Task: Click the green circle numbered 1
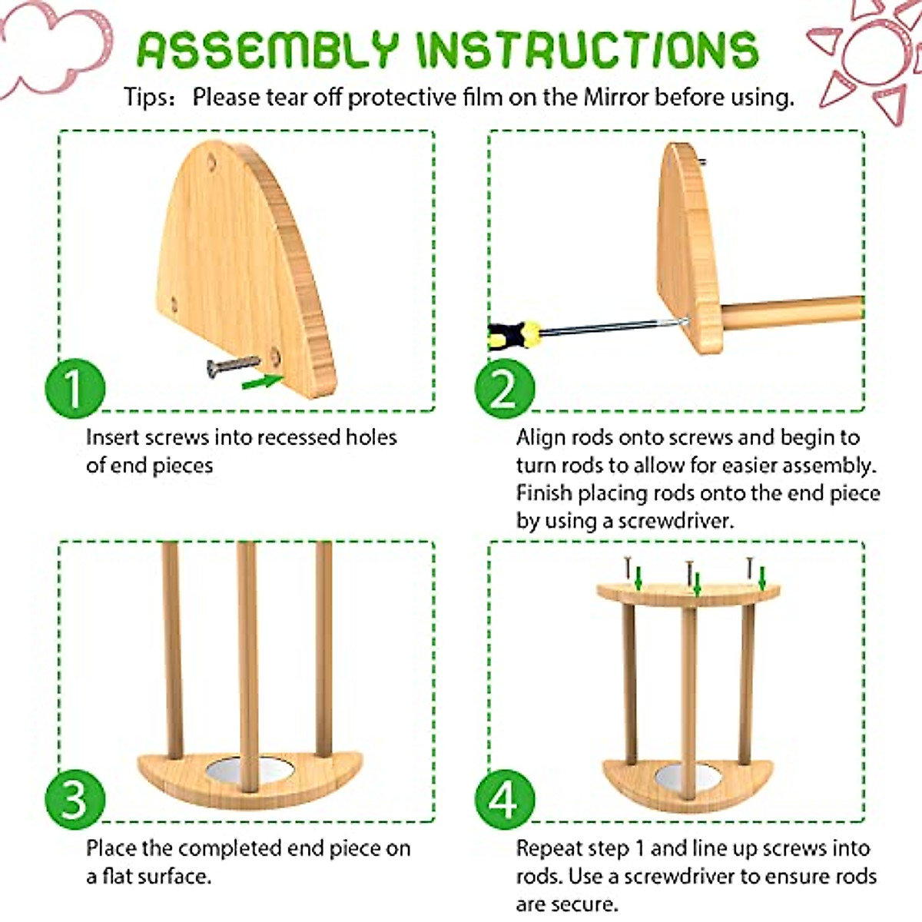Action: tap(75, 387)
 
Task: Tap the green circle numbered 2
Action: tap(504, 387)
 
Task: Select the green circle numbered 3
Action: tap(75, 798)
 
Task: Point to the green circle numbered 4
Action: tap(504, 798)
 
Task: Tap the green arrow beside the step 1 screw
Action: tap(262, 380)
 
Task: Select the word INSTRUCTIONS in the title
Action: tap(587, 51)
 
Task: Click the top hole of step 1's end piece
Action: tap(212, 162)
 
